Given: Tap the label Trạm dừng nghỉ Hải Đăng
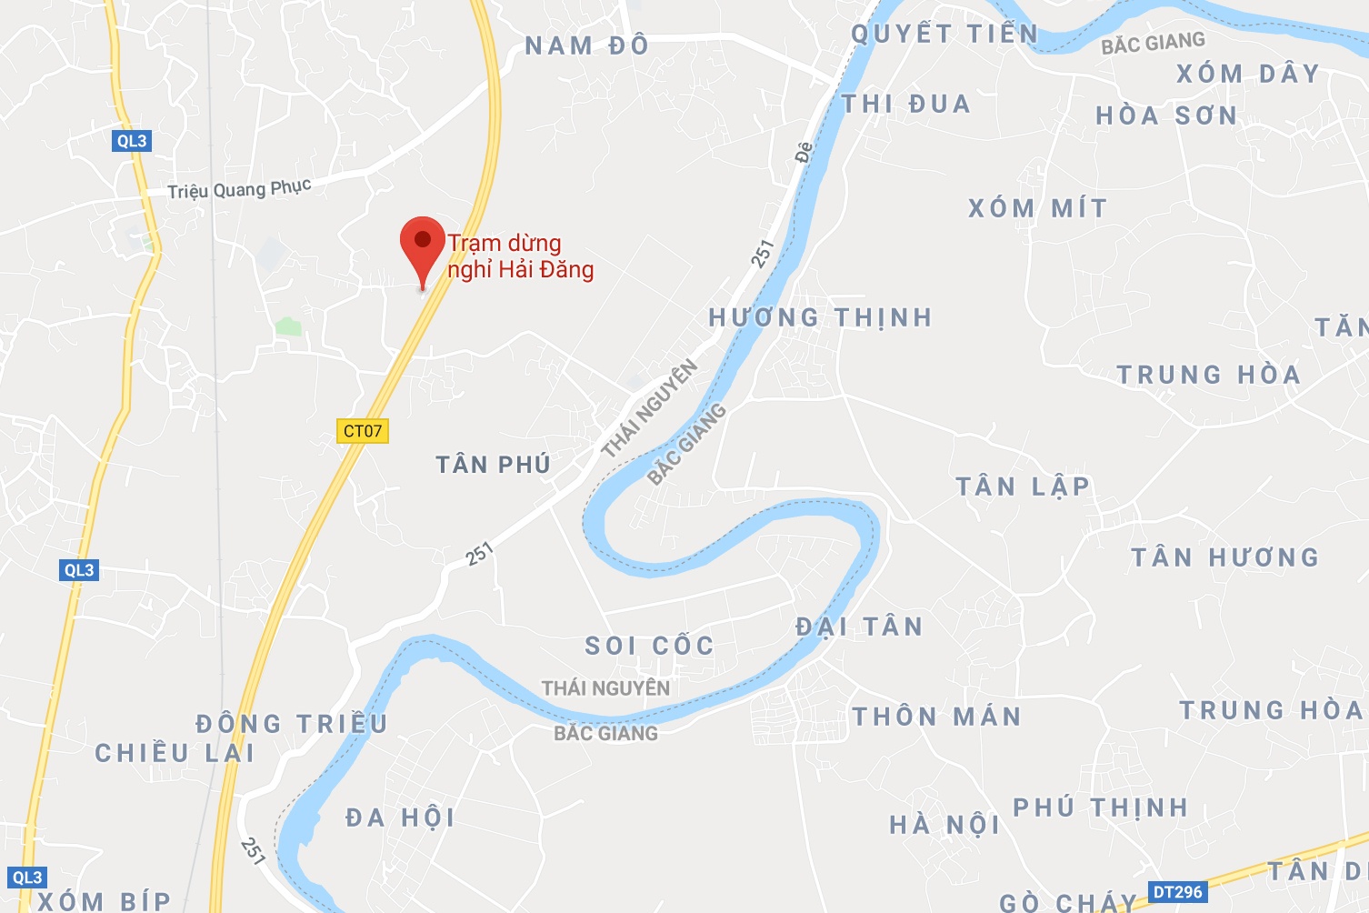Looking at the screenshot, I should point(520,256).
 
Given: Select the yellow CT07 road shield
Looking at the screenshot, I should point(363,431).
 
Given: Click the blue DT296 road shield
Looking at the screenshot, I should point(1177,892).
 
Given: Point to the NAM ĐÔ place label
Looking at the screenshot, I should point(587,45).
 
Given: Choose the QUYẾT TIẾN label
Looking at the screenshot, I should point(944,35).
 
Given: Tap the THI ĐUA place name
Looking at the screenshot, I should point(906,105).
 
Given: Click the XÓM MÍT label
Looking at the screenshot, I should point(1037,209).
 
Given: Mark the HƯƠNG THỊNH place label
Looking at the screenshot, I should point(820,317).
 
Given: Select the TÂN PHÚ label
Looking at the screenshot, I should point(494,466).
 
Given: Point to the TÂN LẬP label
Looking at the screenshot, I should point(1023,487).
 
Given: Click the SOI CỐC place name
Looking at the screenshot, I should point(649,647).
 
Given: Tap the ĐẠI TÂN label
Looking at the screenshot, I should point(859,627).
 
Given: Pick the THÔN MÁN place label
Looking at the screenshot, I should point(936,717).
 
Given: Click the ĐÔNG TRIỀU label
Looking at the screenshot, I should point(292,725).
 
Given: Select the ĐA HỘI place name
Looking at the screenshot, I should point(400,818).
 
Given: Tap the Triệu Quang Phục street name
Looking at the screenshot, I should point(239,189).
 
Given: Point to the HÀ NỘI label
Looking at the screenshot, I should point(944,826).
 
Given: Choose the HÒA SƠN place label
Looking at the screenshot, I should point(1166,116).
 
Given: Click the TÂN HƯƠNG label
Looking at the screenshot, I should point(1224,557).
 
